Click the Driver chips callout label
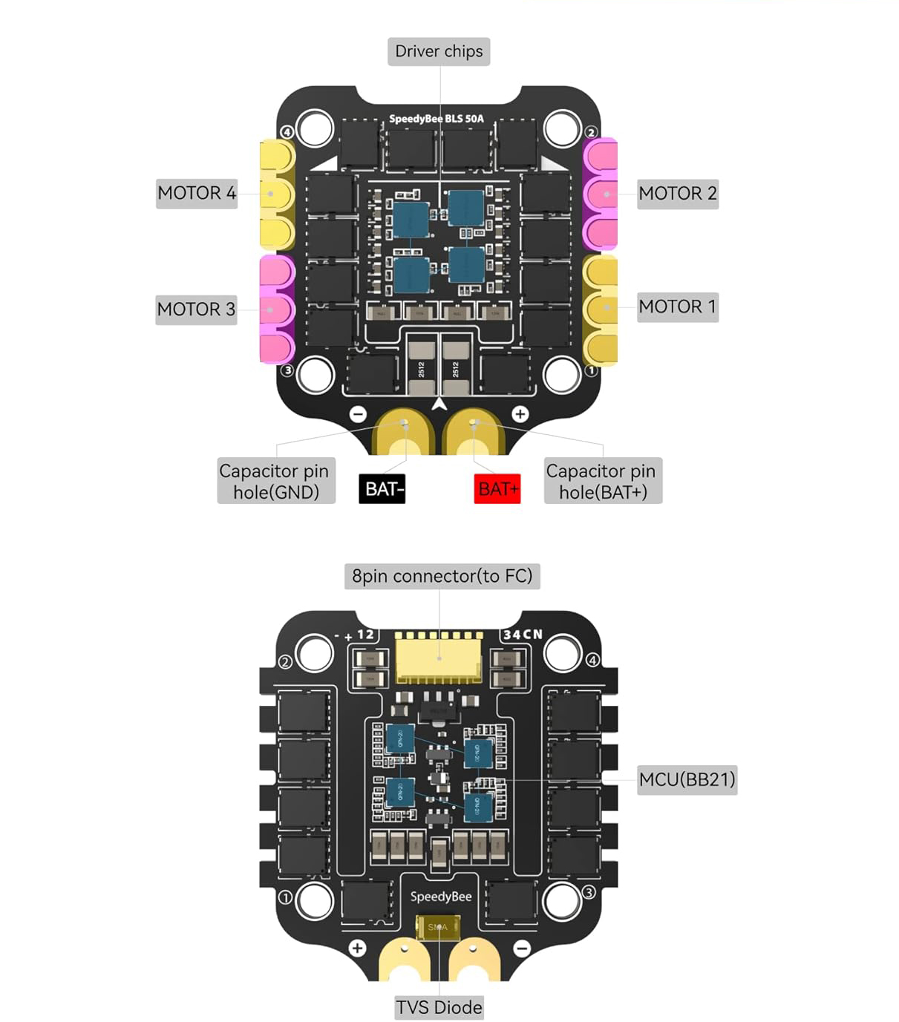click(x=439, y=52)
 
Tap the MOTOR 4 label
click(x=197, y=193)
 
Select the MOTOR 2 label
click(x=678, y=194)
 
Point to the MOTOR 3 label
click(x=196, y=309)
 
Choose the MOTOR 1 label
click(x=678, y=307)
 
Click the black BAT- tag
click(x=382, y=489)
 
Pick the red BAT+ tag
click(x=497, y=489)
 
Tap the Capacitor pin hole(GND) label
click(x=275, y=481)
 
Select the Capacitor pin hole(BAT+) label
click(x=602, y=481)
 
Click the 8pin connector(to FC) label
click(x=442, y=576)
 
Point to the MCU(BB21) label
click(x=687, y=779)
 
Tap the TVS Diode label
click(x=439, y=1007)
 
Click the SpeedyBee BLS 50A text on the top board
click(x=437, y=119)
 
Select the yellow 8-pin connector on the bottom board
click(x=439, y=659)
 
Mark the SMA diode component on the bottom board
click(x=438, y=927)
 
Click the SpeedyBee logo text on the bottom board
click(x=441, y=897)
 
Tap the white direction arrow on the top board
click(x=439, y=403)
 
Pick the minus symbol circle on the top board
click(x=358, y=414)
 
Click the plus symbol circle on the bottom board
click(x=358, y=948)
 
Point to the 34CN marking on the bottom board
click(x=523, y=635)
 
